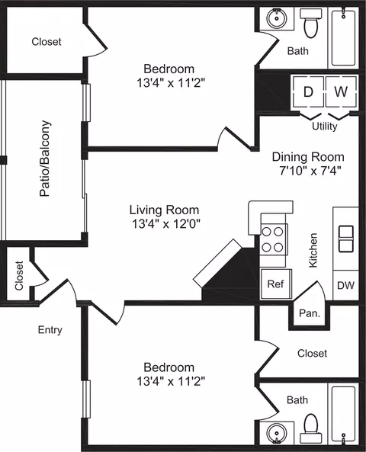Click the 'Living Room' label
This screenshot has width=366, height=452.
tap(164, 210)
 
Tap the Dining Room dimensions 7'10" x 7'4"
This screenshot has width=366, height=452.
tap(310, 171)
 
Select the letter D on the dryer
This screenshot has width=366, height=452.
tap(308, 91)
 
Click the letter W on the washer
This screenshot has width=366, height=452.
tap(341, 91)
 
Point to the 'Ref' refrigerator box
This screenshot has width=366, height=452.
tap(276, 284)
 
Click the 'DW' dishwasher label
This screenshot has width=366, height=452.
tap(346, 285)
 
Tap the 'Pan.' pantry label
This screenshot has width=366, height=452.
tap(310, 313)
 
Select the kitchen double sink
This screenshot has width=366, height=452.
tap(346, 239)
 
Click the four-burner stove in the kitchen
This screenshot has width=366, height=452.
tap(272, 240)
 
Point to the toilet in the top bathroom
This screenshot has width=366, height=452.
tap(311, 23)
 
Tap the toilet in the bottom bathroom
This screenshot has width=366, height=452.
tap(311, 428)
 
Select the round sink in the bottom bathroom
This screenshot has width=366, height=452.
tap(277, 433)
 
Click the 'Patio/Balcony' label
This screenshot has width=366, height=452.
tap(45, 159)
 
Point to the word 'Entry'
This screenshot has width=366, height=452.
tap(50, 330)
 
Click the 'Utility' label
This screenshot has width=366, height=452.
tap(325, 127)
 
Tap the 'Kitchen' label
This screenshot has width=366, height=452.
tap(313, 250)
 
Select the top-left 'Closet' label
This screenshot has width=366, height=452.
tap(47, 41)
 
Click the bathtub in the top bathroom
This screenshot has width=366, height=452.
tap(343, 37)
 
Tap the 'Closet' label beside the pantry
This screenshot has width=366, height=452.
tap(312, 353)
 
